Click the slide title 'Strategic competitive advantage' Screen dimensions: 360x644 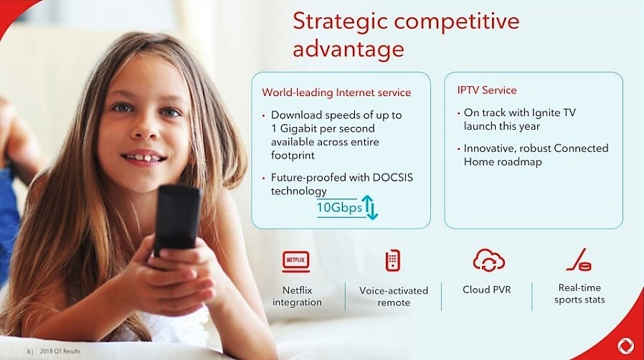click(405, 34)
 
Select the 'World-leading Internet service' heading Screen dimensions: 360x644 click(336, 93)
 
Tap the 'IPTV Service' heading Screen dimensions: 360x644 click(487, 90)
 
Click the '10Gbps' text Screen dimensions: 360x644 click(339, 208)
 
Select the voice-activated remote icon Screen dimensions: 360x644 click(392, 260)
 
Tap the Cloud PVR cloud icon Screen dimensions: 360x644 click(490, 260)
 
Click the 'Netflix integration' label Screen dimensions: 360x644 click(297, 296)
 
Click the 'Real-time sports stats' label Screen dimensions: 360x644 click(579, 293)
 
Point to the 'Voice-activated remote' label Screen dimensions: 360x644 click(394, 296)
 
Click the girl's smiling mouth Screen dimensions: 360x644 click(144, 157)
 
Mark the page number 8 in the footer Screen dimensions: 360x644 click(29, 351)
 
